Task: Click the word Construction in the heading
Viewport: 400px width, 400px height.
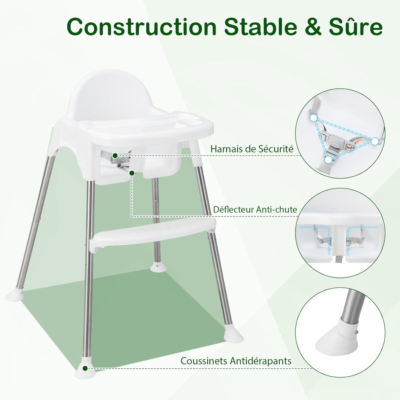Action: tap(142, 26)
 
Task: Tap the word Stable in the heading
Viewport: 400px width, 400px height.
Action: tap(261, 26)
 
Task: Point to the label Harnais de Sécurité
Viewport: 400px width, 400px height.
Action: tap(252, 149)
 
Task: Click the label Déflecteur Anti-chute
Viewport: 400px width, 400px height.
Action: tap(255, 209)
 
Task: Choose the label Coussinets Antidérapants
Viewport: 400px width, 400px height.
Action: tap(236, 361)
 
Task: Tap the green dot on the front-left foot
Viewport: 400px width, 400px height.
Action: tap(85, 368)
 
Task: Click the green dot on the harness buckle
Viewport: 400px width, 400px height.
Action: tap(115, 155)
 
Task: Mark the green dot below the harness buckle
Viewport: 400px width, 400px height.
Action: tap(131, 173)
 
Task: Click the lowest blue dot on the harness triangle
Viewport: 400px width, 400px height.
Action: tap(329, 160)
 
